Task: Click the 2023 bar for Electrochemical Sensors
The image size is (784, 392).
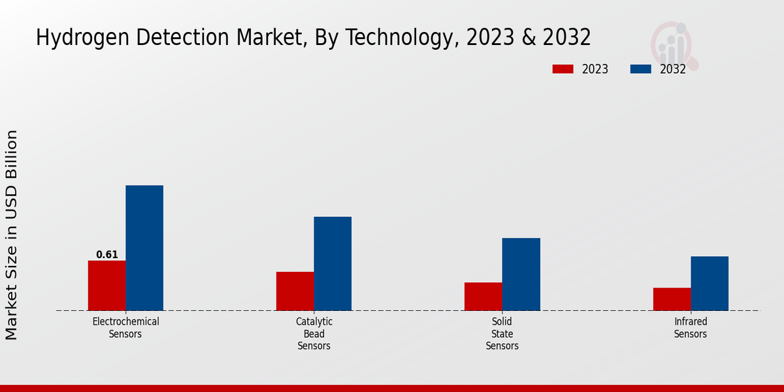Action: point(106,286)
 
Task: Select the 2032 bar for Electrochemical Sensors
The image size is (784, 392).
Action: point(144,248)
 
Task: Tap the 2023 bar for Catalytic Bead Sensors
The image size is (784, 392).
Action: point(295,291)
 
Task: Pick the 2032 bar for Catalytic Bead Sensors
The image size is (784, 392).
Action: point(333,263)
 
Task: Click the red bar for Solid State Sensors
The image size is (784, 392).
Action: point(483,296)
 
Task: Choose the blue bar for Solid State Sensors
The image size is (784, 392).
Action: point(521,274)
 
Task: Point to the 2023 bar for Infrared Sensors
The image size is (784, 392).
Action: point(672,299)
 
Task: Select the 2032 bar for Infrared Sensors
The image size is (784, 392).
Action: point(710,283)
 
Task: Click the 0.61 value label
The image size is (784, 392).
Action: point(107,255)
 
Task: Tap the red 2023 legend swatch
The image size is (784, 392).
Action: point(563,69)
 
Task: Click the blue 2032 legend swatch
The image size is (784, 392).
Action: point(640,69)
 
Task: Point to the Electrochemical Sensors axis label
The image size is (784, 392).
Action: point(126,327)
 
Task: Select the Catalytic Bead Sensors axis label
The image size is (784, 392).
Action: point(314,333)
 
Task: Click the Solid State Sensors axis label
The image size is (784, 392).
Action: point(502,333)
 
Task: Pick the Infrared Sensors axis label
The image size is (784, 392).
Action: point(691,327)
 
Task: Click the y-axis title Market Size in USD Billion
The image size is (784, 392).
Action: point(12,235)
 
